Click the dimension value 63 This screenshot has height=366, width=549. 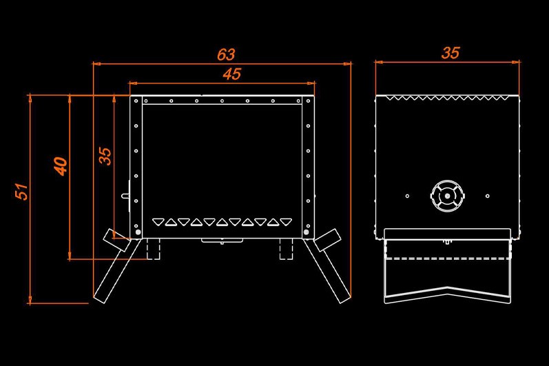click(226, 54)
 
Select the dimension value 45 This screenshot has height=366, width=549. click(231, 74)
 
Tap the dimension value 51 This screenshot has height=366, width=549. click(22, 191)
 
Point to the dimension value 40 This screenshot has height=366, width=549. click(61, 166)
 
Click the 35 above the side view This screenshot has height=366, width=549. click(450, 53)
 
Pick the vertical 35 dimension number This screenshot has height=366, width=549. click(105, 156)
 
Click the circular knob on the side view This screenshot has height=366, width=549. click(448, 196)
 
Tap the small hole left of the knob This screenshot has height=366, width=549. click(407, 196)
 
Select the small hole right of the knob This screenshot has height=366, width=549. click(488, 196)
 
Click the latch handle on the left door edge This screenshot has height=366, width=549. click(125, 196)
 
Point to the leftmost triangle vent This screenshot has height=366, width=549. click(158, 222)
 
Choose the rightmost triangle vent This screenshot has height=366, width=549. click(286, 222)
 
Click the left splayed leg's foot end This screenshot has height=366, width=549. click(99, 298)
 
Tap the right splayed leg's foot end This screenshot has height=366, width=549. click(344, 298)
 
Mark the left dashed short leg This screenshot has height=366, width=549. click(154, 249)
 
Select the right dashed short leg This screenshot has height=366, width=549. click(286, 249)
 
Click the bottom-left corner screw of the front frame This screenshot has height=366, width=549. click(138, 232)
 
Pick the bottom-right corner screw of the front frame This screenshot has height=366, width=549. click(307, 232)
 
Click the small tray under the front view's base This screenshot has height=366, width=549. click(222, 241)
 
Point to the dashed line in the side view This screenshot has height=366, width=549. click(448, 259)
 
